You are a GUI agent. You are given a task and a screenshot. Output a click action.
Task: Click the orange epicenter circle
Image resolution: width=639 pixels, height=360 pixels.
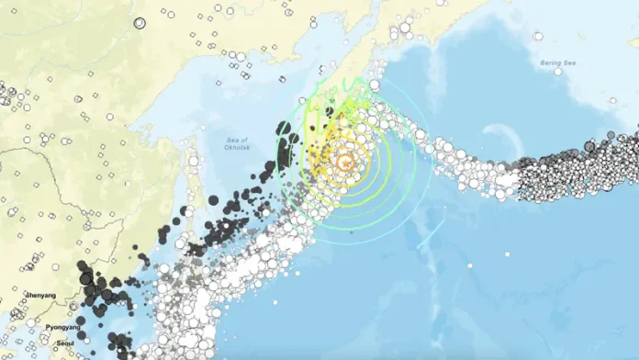point(345,163)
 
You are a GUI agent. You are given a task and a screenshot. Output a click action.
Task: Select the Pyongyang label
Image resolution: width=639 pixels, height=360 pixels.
point(65,326)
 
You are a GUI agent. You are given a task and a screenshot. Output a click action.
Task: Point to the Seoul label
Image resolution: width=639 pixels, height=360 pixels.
point(63,343)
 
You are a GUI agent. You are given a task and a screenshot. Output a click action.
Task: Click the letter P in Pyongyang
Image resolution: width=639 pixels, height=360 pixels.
point(49,326)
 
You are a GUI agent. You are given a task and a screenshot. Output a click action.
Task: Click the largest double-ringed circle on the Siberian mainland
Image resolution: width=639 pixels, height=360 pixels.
point(140,23)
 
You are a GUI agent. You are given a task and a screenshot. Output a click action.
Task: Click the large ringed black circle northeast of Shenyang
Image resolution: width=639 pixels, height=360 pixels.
point(86,277)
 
